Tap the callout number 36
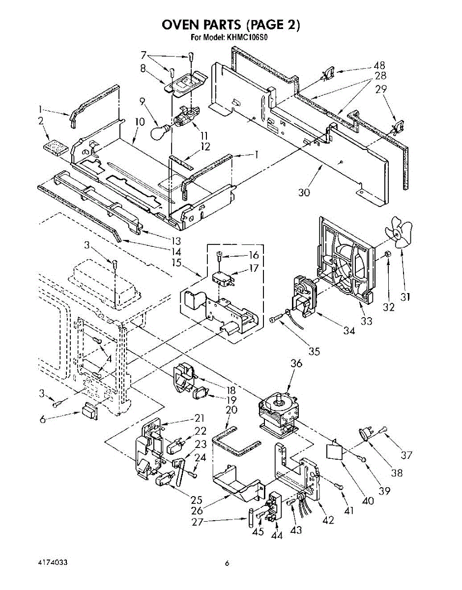[296, 364]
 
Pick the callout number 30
[304, 192]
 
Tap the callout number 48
[379, 65]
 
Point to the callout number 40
[368, 501]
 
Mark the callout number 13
[174, 241]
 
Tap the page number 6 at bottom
[227, 563]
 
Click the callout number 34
[349, 330]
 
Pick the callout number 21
[199, 418]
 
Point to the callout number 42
[328, 520]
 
